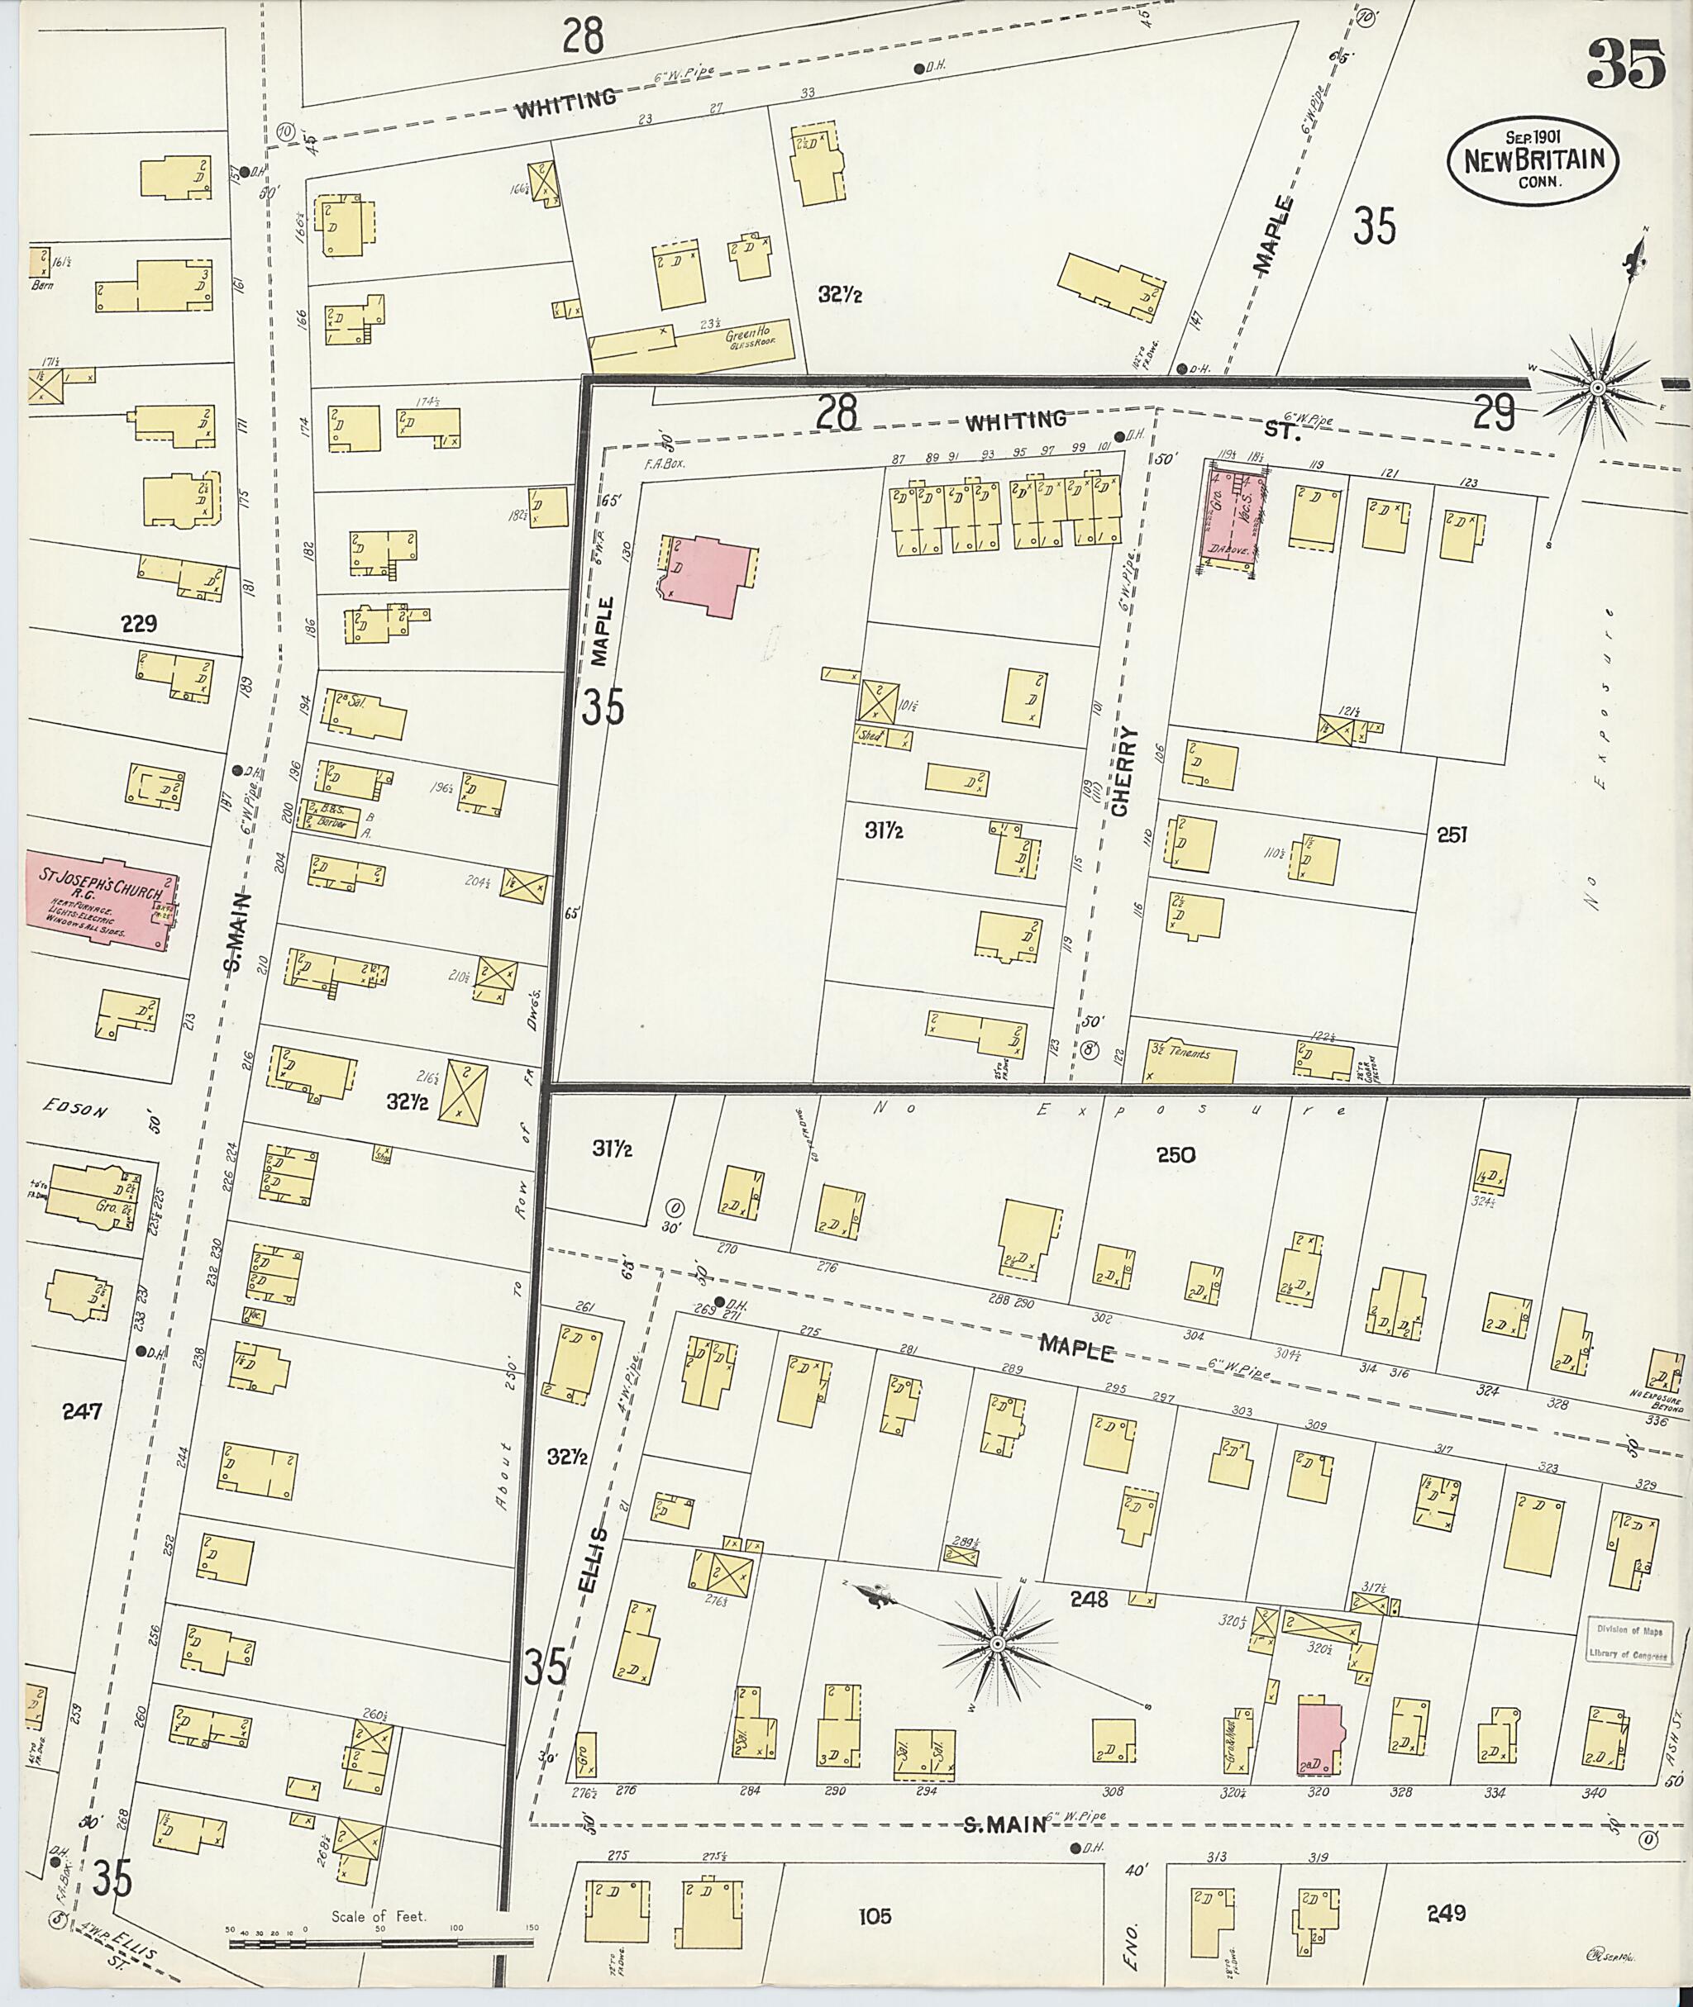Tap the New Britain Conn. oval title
[x=1533, y=159]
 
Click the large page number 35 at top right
[x=1627, y=64]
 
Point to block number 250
[x=1176, y=1155]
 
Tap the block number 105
[x=875, y=1889]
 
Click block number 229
[x=139, y=625]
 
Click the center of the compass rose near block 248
[x=997, y=1645]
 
